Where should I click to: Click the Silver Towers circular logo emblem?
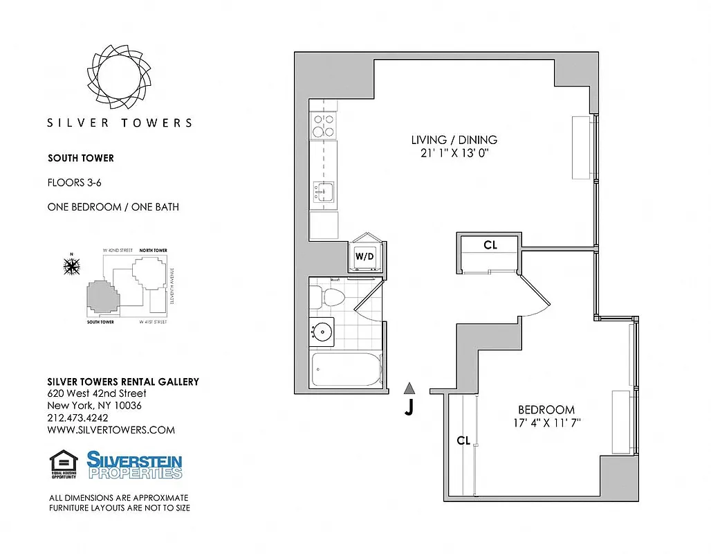coord(120,75)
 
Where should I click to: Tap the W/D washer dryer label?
coord(365,256)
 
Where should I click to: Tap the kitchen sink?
coord(323,191)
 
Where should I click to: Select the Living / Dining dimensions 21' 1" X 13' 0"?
coord(454,154)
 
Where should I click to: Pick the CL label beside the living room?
coord(490,244)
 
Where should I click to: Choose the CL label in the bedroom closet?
coord(463,440)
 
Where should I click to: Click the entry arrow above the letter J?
coord(409,388)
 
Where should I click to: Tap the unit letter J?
coord(409,409)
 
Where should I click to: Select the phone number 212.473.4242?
coord(77,418)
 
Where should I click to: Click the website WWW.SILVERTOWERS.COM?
coord(111,429)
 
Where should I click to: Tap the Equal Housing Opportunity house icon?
coord(63,464)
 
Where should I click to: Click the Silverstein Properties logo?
coord(134,465)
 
